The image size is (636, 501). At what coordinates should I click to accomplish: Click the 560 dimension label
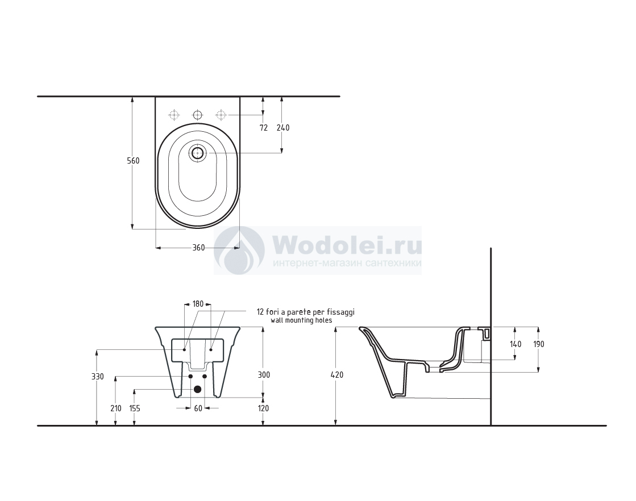(133, 161)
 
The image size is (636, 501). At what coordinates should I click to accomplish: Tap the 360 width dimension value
(198, 248)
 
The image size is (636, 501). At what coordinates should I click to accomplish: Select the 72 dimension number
(264, 128)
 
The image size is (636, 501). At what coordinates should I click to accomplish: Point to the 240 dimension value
(283, 128)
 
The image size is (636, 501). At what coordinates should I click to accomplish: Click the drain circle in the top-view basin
(198, 153)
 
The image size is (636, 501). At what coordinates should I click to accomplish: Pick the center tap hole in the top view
(198, 115)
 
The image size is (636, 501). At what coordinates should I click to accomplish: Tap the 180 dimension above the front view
(198, 304)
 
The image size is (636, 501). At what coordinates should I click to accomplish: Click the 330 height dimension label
(97, 377)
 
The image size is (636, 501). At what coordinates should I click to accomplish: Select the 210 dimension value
(116, 408)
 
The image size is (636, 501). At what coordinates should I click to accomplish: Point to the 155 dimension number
(135, 408)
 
